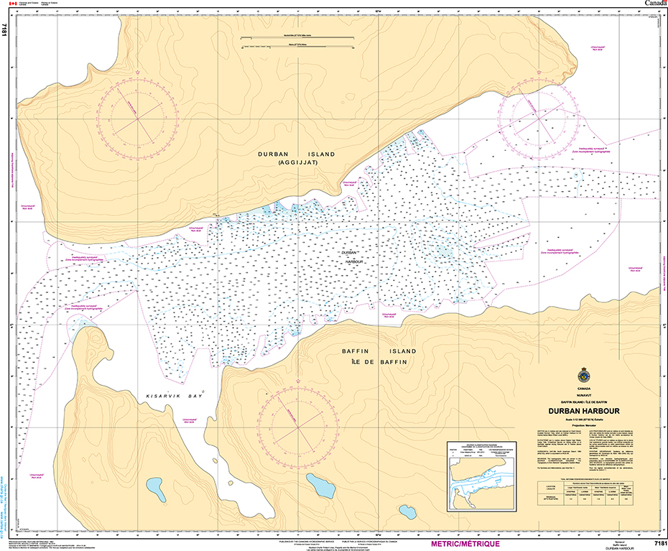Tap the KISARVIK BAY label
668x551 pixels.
pyautogui.click(x=175, y=396)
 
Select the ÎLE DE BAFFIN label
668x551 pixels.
pyautogui.click(x=378, y=361)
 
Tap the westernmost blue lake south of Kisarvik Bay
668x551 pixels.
pyautogui.click(x=154, y=486)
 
